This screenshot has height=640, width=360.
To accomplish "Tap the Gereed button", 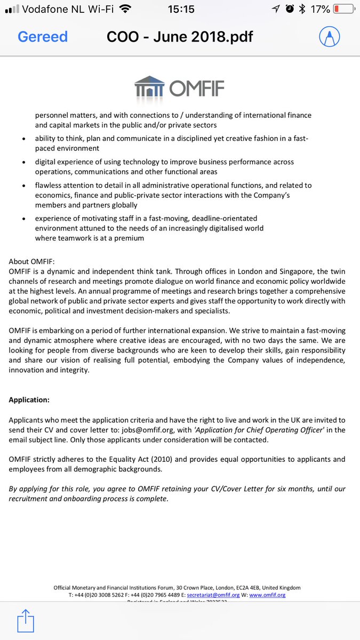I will click(43, 37).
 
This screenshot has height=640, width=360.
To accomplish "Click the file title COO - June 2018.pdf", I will click(180, 37).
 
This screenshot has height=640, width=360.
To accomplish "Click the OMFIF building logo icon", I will click(150, 87).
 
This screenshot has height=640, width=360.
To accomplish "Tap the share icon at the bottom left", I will click(25, 621).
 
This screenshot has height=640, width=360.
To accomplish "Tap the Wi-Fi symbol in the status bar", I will click(125, 9).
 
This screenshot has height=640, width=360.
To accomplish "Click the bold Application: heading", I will click(30, 399).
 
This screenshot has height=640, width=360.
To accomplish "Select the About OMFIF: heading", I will click(31, 261).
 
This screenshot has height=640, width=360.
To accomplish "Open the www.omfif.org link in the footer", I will click(267, 595).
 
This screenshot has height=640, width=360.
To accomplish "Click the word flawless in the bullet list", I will click(51, 186).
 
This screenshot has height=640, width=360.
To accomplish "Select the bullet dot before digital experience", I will click(23, 162).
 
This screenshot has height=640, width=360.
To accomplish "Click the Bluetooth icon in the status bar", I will click(302, 10).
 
